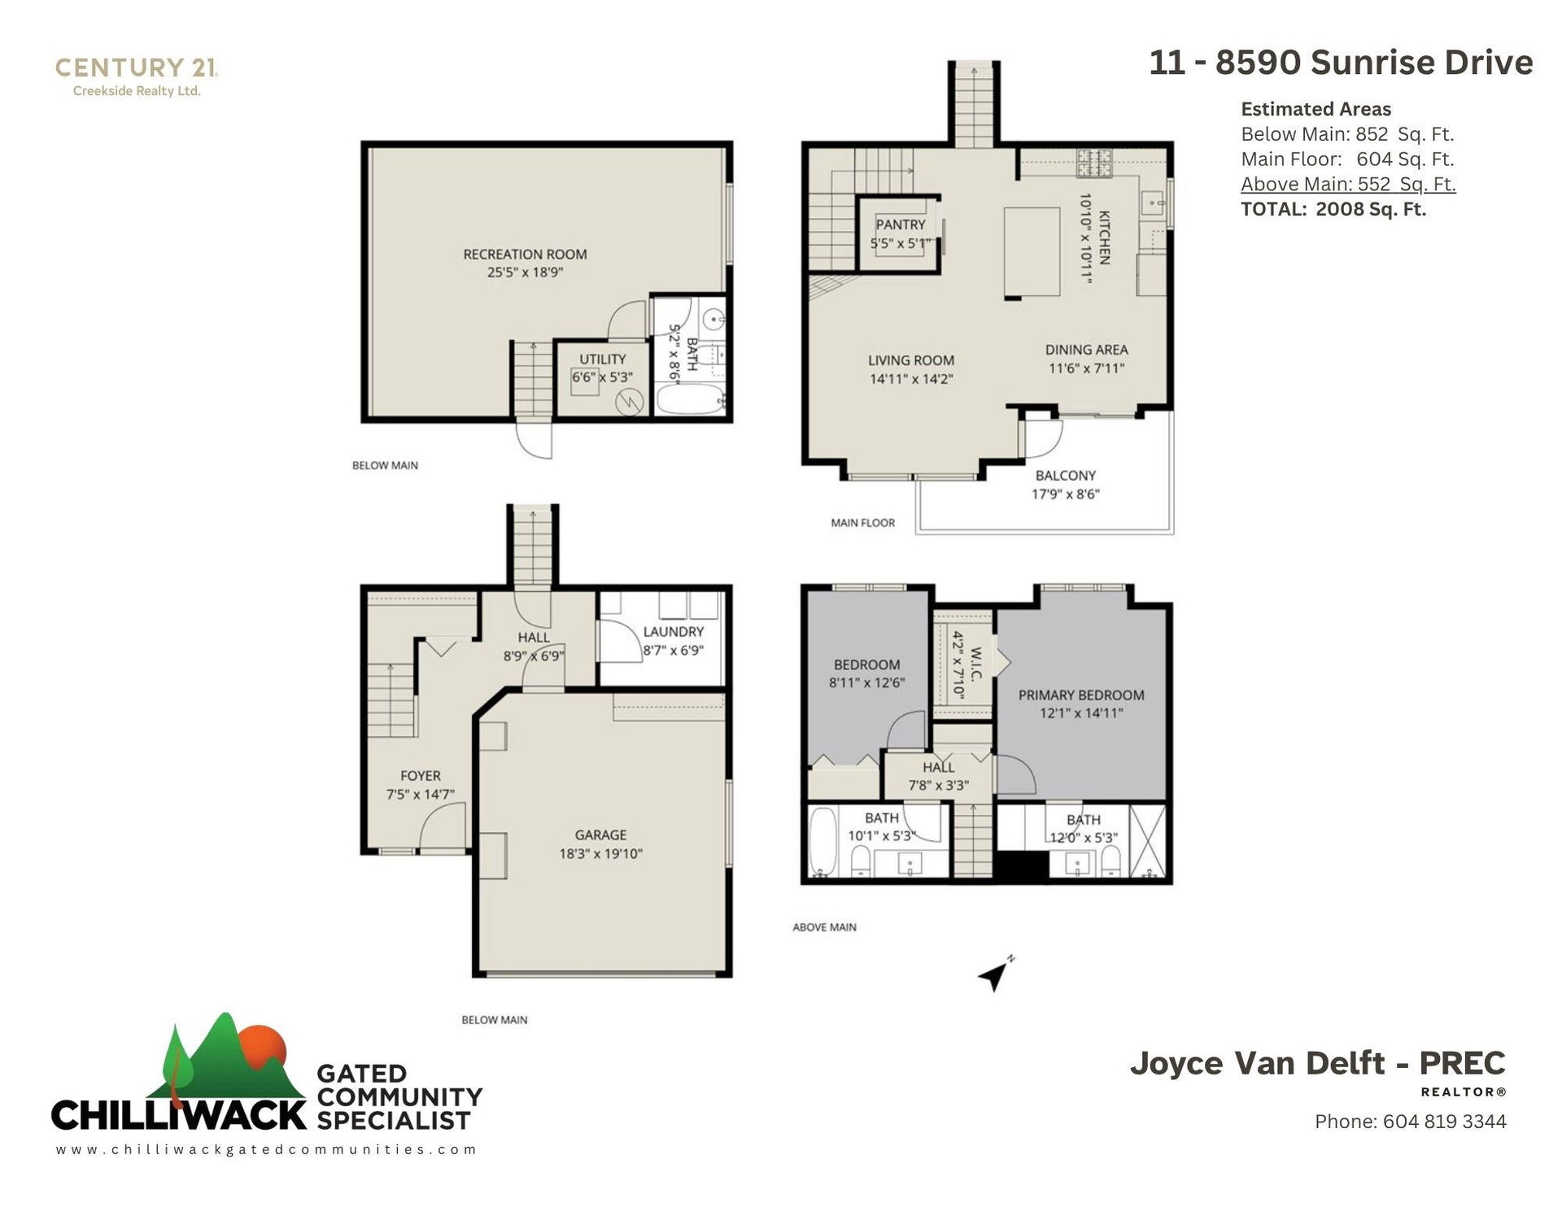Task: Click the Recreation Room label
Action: (x=525, y=255)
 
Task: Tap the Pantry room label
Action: (x=900, y=224)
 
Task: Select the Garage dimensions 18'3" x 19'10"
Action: (x=600, y=853)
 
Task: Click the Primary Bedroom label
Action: (x=1081, y=695)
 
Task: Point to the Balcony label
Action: (x=1066, y=476)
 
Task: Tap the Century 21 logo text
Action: (x=136, y=68)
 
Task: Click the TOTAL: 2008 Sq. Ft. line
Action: (x=1333, y=209)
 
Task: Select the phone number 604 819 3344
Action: (x=1444, y=1122)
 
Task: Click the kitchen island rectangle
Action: (x=1032, y=252)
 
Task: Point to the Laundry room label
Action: (x=673, y=632)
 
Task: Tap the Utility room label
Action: (x=602, y=359)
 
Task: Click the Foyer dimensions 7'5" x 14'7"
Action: (x=420, y=795)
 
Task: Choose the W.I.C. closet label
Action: (x=976, y=664)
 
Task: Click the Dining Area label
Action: (x=1086, y=350)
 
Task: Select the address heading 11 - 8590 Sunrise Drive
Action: (x=1341, y=63)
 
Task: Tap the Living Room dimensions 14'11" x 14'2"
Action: (x=911, y=379)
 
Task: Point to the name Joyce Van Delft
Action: (x=1258, y=1063)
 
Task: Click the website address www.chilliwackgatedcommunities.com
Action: (x=266, y=1149)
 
